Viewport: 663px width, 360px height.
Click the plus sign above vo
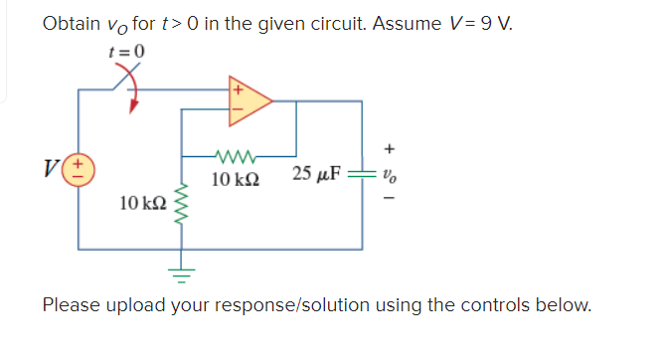[389, 150]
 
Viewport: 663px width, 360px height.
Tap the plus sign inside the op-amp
[238, 89]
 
